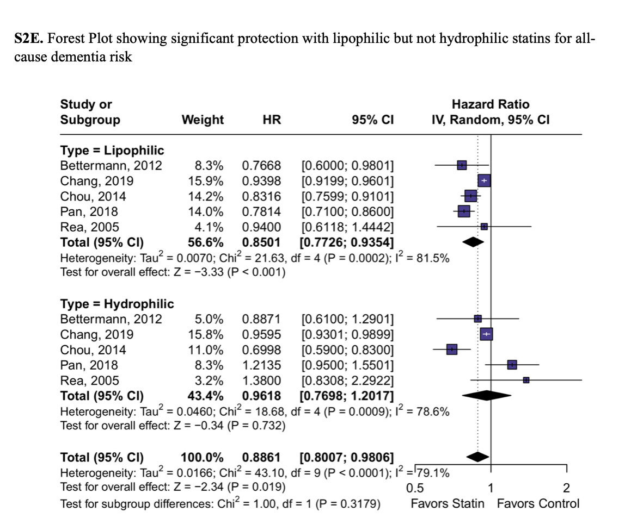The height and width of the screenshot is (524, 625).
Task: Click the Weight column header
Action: click(203, 120)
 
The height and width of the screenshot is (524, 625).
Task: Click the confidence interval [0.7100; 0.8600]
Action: click(347, 211)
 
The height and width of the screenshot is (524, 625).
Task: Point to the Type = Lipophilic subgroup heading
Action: click(112, 151)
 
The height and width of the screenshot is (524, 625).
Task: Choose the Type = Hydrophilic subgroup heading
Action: click(117, 304)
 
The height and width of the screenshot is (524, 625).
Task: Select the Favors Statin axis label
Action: click(447, 503)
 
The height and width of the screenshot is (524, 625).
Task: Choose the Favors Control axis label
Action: click(538, 503)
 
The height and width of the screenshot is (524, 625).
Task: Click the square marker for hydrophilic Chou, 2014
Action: click(452, 350)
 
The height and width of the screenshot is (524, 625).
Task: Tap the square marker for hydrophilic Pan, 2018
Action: click(512, 365)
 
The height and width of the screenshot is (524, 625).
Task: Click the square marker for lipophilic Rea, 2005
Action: click(484, 226)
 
